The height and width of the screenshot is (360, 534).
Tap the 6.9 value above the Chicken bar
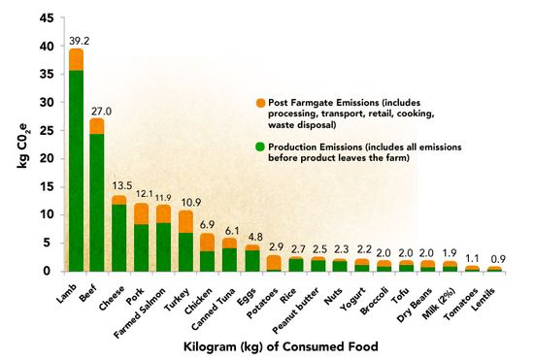208,224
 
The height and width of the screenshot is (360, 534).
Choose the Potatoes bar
275,263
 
